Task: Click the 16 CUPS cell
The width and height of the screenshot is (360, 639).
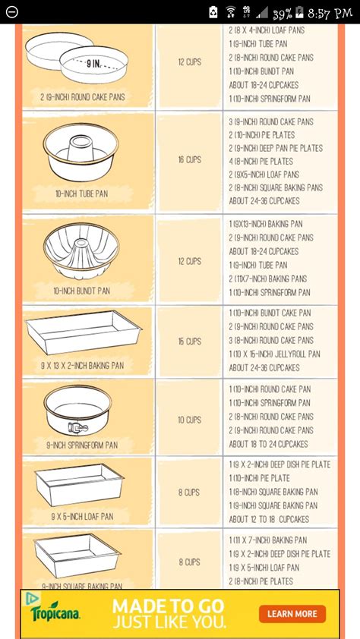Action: click(x=189, y=161)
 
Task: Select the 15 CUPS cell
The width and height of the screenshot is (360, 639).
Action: click(x=189, y=342)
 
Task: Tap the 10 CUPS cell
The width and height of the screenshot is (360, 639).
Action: click(x=189, y=420)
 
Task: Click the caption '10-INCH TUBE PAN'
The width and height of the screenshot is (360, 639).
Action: click(x=81, y=194)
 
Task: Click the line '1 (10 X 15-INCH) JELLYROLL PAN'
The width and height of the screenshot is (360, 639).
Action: click(x=275, y=354)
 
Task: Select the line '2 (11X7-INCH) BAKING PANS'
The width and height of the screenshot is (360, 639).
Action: click(x=268, y=279)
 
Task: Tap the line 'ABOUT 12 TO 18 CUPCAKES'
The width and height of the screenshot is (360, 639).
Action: click(x=269, y=519)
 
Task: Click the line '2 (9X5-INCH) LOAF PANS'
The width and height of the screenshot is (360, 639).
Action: click(x=264, y=175)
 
